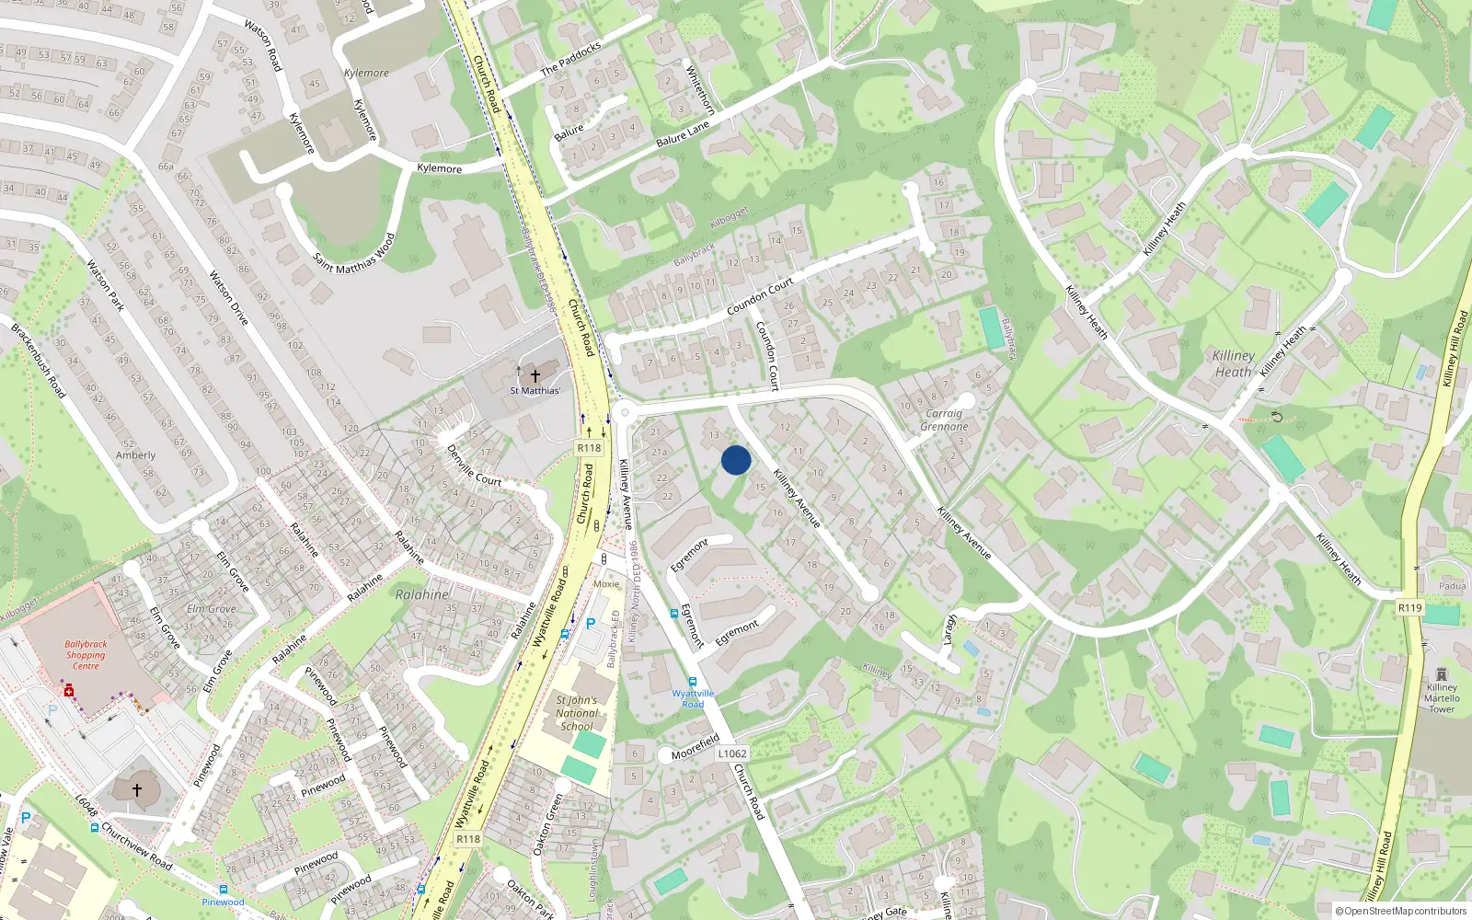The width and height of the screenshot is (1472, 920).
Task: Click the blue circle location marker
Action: tap(736, 460)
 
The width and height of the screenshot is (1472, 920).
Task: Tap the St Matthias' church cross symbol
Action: tap(535, 375)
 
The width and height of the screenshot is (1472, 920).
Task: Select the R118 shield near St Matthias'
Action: tap(589, 448)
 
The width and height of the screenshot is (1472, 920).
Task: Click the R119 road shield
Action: tap(1409, 607)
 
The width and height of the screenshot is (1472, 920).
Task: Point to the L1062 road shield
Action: tap(732, 753)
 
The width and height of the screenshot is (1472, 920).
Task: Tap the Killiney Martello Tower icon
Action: tap(1441, 674)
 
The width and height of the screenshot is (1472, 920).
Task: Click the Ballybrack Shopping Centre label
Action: tap(86, 655)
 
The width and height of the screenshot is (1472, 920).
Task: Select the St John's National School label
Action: tap(577, 713)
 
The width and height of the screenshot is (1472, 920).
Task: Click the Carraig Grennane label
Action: tap(944, 420)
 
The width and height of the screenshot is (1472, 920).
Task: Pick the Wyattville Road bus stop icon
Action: tap(692, 682)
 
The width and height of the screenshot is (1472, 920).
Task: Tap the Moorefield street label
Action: tap(695, 747)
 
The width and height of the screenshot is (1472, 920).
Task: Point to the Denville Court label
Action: tap(474, 466)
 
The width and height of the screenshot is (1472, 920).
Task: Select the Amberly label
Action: tap(135, 455)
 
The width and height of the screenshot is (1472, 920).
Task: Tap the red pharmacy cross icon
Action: tap(69, 690)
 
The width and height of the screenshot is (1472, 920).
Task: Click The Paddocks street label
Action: tap(570, 58)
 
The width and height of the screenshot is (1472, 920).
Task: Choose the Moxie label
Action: tap(606, 584)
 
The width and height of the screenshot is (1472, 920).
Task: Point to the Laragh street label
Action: tap(950, 630)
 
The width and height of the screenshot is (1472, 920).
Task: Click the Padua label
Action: tap(1453, 586)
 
